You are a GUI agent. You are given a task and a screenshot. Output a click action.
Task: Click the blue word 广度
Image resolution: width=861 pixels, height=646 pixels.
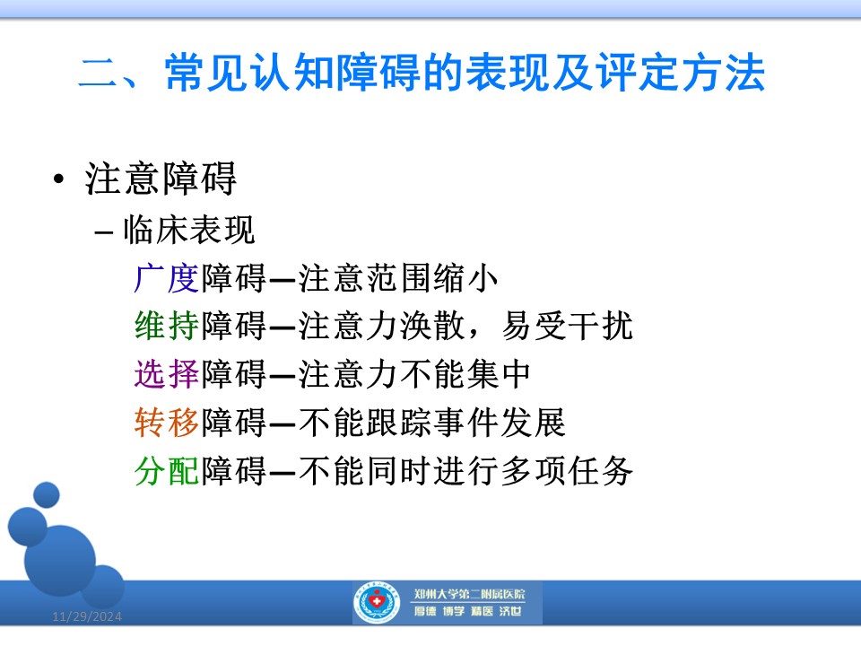click(167, 278)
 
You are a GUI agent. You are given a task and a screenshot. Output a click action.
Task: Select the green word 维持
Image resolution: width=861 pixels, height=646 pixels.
click(167, 326)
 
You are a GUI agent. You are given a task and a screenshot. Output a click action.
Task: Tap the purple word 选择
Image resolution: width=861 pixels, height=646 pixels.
click(167, 374)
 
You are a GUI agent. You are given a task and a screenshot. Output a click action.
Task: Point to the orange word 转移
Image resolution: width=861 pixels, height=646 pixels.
click(167, 423)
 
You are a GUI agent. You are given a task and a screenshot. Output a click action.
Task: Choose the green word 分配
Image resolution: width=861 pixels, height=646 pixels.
click(167, 471)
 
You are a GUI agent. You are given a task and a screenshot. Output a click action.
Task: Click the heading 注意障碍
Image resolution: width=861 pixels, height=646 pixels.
click(161, 179)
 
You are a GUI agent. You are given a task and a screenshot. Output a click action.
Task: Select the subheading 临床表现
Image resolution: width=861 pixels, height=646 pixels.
click(189, 229)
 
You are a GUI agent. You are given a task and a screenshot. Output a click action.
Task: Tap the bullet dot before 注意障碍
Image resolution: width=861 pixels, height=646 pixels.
click(59, 179)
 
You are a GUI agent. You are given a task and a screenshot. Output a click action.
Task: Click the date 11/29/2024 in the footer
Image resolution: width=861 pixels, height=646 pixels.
click(87, 616)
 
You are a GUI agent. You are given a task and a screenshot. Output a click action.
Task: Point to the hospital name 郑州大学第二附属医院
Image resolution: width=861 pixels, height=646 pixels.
click(469, 594)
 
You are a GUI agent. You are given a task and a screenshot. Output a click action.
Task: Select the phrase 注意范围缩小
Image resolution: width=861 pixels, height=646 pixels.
click(398, 278)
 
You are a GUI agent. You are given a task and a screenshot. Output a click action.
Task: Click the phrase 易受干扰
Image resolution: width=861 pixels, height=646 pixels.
click(567, 326)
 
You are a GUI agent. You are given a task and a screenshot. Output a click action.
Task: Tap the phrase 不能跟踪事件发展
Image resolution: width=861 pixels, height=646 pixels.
click(432, 423)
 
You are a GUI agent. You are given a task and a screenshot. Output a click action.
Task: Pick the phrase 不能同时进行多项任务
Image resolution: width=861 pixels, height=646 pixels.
click(465, 471)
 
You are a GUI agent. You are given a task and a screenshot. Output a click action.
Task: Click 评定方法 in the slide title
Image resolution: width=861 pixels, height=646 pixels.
click(681, 72)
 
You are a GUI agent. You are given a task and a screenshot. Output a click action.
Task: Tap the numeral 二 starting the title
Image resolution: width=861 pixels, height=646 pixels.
click(99, 72)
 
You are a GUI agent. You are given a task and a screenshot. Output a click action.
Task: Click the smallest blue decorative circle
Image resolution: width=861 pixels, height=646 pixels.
click(46, 494)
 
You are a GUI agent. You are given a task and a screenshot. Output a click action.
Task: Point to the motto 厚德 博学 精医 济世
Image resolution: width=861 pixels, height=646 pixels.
click(468, 611)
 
